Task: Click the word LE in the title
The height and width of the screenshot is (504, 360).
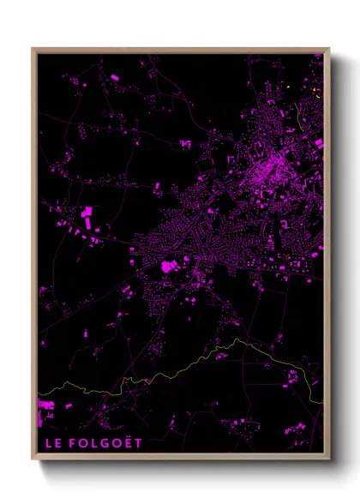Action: coord(51,444)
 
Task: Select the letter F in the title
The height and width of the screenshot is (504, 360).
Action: coord(74,444)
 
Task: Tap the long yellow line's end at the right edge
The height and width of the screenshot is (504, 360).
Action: coord(322,399)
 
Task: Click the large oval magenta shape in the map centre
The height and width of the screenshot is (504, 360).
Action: coord(168,267)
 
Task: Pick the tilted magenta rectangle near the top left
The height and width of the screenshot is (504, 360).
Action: coord(114,78)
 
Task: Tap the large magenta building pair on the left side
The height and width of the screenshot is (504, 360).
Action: coord(87,213)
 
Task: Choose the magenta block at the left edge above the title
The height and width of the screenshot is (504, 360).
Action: coord(45,405)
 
